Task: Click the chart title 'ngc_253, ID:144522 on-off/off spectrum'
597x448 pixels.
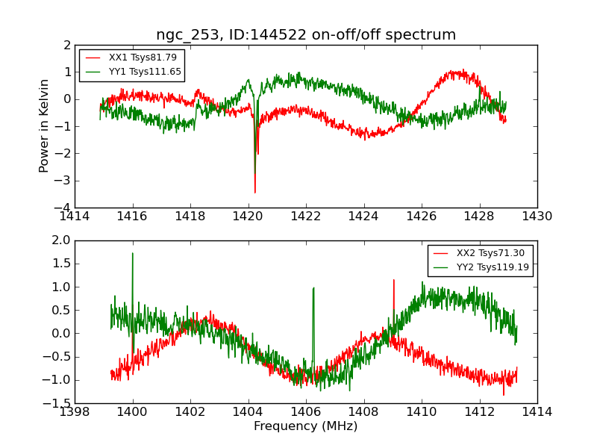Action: point(306,34)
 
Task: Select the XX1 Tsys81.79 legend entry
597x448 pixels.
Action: point(143,57)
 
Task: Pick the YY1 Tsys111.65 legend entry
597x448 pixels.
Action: point(145,72)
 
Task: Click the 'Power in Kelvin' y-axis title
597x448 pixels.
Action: point(45,125)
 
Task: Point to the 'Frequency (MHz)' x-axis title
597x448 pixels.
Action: point(306,426)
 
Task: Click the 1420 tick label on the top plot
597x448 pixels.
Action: point(249,216)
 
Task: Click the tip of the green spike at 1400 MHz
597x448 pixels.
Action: point(133,253)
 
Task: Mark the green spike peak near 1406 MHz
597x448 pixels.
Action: point(313,287)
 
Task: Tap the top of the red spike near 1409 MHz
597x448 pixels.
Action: point(393,280)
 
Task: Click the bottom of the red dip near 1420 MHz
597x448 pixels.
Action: point(254,193)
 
